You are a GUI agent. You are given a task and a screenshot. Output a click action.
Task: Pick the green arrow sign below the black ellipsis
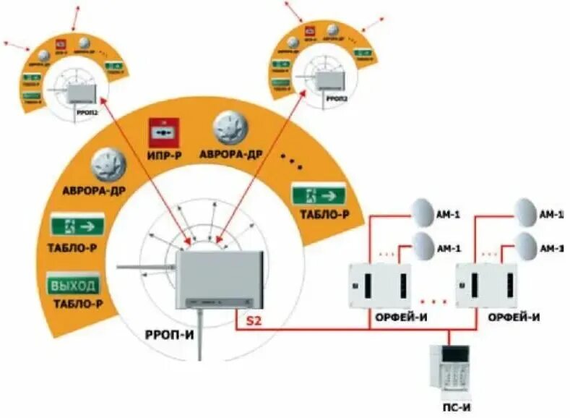(319, 195)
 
